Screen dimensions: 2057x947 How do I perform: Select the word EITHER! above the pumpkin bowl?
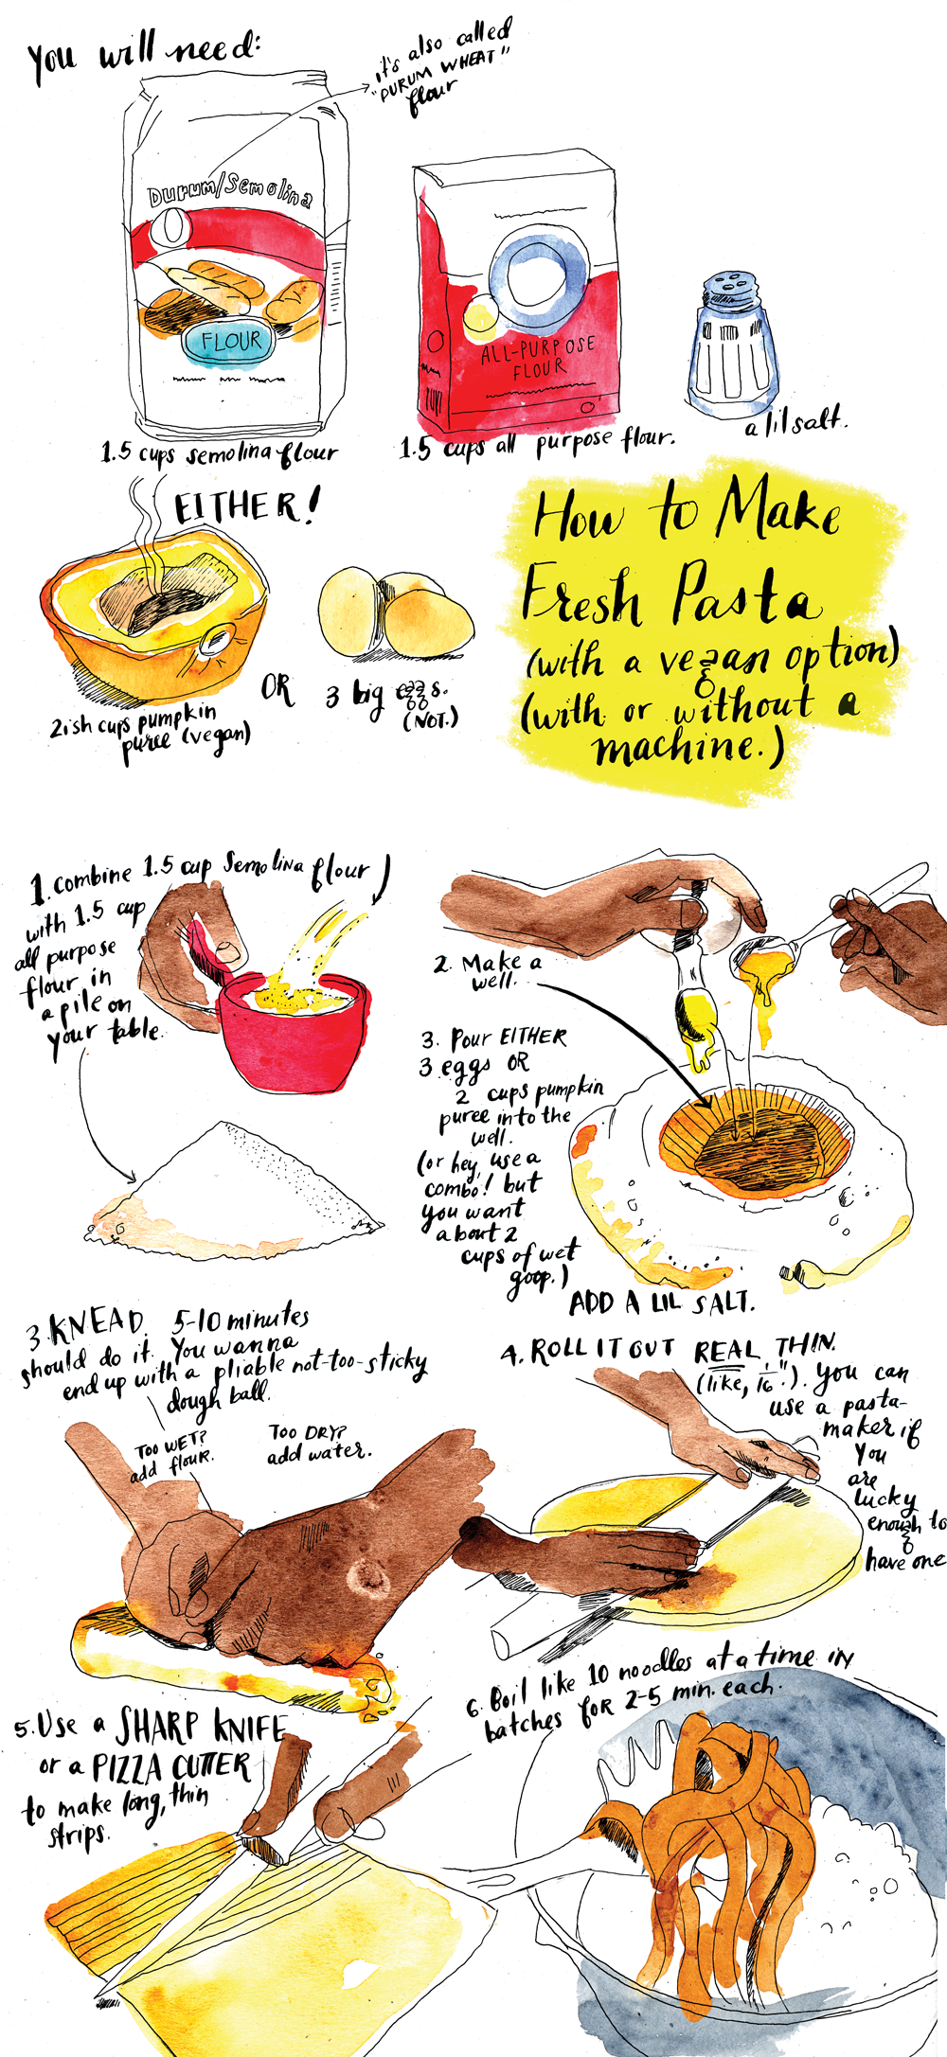244,506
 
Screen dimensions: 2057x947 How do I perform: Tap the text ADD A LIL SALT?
661,1303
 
